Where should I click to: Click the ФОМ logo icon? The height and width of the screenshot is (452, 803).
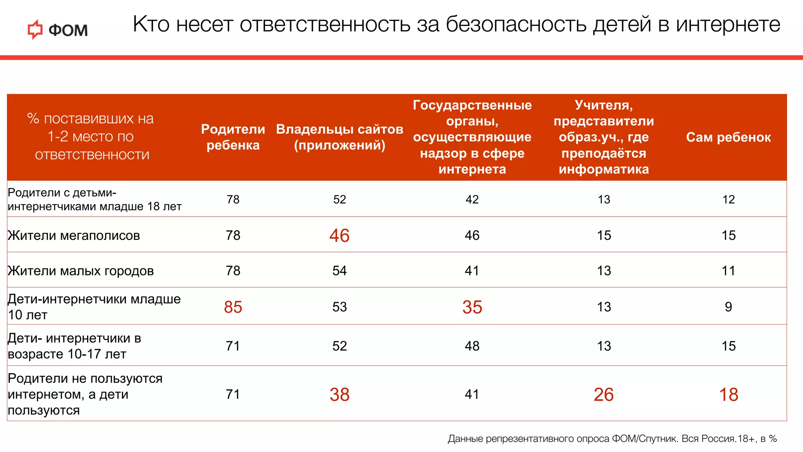(x=35, y=29)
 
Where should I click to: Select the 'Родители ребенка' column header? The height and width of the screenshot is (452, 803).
(x=233, y=137)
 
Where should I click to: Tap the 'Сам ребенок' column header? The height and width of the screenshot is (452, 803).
(x=728, y=137)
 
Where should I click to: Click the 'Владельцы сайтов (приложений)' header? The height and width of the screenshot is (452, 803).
(x=340, y=137)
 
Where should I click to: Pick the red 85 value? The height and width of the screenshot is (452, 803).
(x=233, y=307)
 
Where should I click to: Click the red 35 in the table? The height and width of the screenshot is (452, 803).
(x=472, y=307)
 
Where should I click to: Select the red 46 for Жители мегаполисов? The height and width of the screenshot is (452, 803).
(x=339, y=235)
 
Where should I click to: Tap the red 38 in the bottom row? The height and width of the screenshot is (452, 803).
(x=339, y=394)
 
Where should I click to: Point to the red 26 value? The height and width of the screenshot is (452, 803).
(x=603, y=394)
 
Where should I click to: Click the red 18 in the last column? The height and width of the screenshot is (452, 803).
(x=728, y=394)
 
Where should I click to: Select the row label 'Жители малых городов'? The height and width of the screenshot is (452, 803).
(x=81, y=271)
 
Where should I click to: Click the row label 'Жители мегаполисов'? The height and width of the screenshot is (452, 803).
(x=74, y=235)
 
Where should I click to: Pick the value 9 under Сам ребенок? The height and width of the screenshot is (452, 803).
(x=728, y=307)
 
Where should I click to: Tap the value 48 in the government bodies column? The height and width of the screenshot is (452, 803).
(x=472, y=346)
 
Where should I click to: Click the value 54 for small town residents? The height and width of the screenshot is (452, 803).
(x=339, y=271)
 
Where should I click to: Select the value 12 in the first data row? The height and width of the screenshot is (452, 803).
(x=728, y=199)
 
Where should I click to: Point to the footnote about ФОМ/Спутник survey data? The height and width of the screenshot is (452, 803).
(x=612, y=439)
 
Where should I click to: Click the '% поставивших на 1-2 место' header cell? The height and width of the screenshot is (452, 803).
(x=91, y=137)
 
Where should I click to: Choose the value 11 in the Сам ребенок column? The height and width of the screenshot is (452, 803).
(x=728, y=271)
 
